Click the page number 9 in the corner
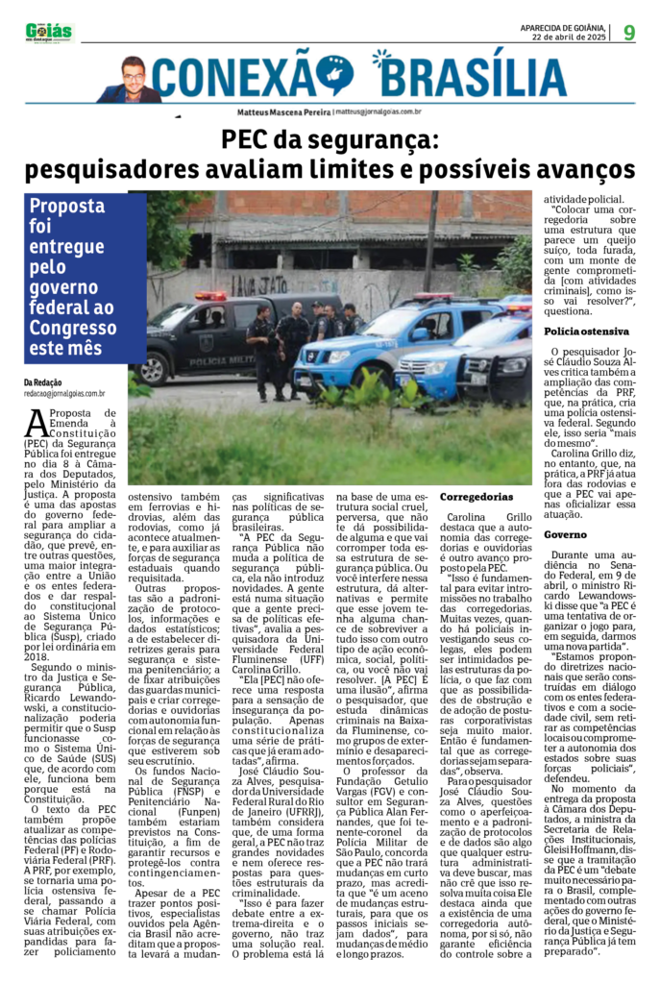(629, 32)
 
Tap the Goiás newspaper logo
(49, 32)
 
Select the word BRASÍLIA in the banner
(468, 75)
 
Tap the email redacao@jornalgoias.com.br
(64, 393)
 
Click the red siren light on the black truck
(209, 296)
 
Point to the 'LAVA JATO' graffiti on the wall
(246, 284)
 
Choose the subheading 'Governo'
(564, 533)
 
